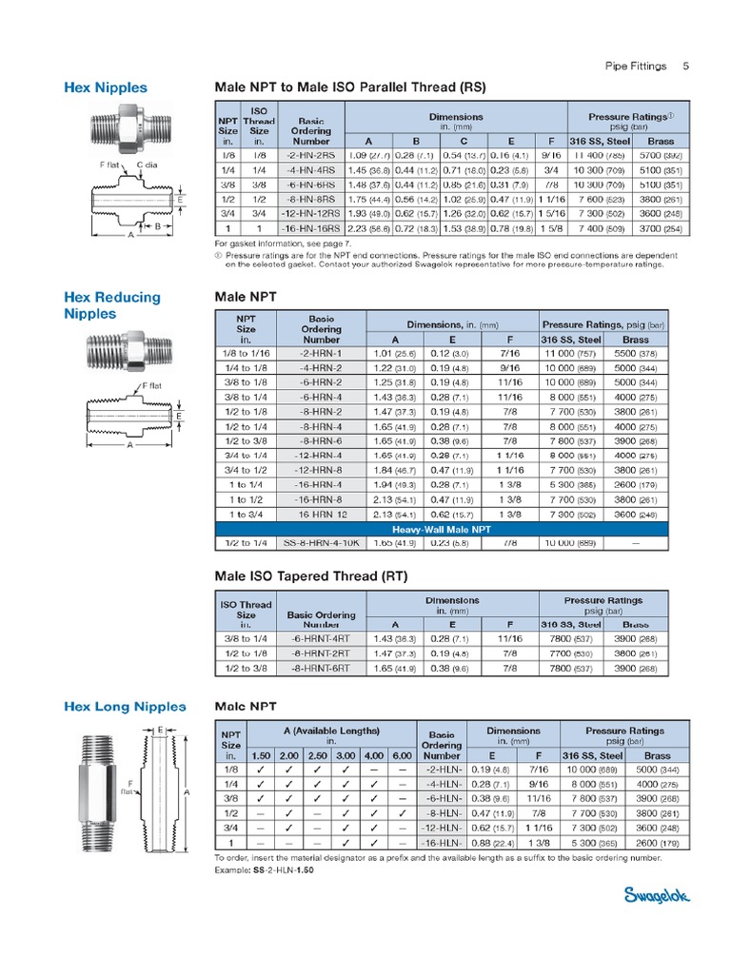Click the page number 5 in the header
point(686,67)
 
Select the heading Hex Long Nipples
point(124,707)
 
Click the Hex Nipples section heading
point(106,88)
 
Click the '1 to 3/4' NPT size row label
point(246,513)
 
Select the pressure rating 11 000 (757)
point(571,353)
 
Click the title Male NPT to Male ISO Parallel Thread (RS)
point(351,88)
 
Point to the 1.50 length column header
point(260,755)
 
